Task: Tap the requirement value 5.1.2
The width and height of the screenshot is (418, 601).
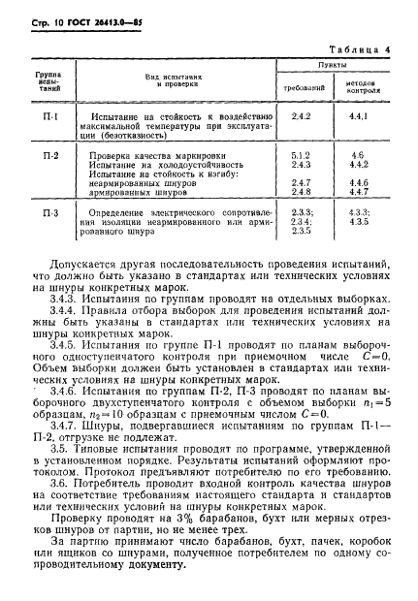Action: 300,155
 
